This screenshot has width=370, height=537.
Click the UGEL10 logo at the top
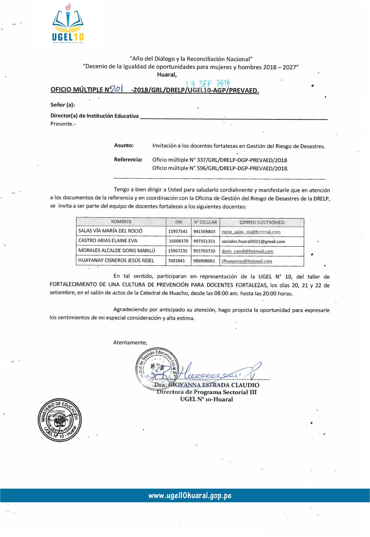point(68,24)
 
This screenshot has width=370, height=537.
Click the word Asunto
point(124,146)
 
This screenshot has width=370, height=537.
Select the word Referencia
point(128,159)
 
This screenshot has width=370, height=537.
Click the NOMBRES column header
point(121,222)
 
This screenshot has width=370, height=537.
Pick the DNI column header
point(179,222)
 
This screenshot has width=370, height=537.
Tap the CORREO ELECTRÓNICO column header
point(262,222)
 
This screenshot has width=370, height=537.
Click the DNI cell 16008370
point(179,241)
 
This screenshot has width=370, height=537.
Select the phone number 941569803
point(204,232)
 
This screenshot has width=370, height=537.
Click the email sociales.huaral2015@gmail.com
point(253,242)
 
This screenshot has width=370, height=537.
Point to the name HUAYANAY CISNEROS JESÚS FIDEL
point(116,260)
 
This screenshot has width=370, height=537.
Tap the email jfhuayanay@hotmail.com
point(247,261)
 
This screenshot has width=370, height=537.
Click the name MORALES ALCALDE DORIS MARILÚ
point(116,251)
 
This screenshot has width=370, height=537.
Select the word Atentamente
point(130,343)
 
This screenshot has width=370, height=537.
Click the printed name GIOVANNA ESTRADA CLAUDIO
point(214,385)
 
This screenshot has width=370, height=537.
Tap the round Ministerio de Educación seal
point(60,420)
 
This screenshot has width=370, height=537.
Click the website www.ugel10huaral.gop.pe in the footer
point(190,496)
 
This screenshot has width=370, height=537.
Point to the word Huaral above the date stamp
point(167,75)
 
